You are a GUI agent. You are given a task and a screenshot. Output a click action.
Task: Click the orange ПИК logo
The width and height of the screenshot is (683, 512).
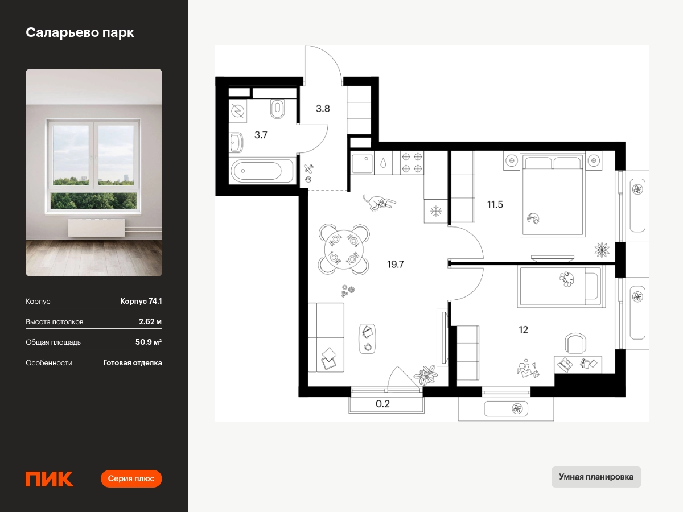(x=50, y=479)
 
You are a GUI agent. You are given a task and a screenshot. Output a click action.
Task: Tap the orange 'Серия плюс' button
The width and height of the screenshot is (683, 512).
(x=131, y=478)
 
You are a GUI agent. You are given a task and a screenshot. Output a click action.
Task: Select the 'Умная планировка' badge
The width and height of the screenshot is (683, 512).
(x=596, y=477)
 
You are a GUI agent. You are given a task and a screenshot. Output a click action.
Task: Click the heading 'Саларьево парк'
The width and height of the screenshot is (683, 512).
(x=80, y=32)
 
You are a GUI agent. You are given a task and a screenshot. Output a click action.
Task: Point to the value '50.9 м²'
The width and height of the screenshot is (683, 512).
(x=149, y=342)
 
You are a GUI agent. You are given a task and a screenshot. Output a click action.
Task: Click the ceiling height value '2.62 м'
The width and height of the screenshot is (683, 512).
(x=150, y=321)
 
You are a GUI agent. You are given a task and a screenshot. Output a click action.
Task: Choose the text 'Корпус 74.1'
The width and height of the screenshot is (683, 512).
(x=141, y=301)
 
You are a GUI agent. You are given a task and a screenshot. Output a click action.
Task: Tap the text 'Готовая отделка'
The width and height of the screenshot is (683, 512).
(x=133, y=363)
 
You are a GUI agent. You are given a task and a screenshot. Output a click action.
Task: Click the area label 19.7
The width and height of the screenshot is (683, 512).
(x=395, y=264)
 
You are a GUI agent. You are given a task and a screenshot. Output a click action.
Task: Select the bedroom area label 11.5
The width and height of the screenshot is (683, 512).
(x=495, y=205)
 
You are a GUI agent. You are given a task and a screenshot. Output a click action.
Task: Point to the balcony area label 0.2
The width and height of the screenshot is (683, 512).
(x=382, y=404)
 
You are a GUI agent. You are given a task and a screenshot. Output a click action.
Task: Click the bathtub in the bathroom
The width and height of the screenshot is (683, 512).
(x=261, y=170)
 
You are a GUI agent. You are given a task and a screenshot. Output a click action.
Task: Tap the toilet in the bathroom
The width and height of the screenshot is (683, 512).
(x=277, y=109)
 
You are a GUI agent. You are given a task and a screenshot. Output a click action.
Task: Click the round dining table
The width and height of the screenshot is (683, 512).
(x=344, y=250)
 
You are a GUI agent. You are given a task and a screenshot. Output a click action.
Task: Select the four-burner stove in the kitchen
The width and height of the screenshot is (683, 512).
(x=412, y=163)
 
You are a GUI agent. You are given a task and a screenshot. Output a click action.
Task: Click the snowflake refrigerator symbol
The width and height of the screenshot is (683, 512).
(x=436, y=212)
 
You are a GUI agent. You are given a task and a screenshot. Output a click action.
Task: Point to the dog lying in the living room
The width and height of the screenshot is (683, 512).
(x=379, y=203)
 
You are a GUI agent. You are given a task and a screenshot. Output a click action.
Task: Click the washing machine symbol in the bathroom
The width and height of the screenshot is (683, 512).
(x=238, y=111)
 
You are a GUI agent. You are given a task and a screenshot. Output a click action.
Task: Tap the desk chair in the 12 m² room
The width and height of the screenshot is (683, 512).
(x=575, y=343)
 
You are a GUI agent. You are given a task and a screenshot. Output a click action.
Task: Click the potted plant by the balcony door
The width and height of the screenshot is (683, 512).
(x=426, y=375)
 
